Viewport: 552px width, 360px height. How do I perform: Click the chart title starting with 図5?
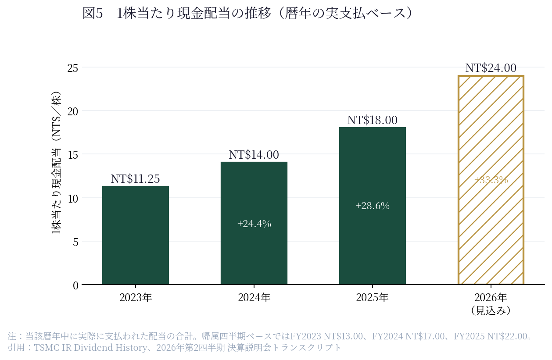[x=247, y=13]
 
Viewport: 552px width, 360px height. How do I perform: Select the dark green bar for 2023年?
[x=136, y=235]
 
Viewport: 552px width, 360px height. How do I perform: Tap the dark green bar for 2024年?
[x=254, y=223]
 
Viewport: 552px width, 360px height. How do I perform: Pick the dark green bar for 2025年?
[x=373, y=206]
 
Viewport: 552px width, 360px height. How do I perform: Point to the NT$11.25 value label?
[x=135, y=179]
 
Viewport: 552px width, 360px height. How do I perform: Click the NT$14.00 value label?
[x=254, y=155]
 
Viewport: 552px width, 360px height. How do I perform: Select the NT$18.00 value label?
[x=373, y=120]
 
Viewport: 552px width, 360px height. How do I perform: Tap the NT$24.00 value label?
[x=491, y=68]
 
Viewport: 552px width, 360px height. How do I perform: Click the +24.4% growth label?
[x=254, y=224]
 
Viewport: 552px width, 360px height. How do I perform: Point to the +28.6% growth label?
[x=373, y=206]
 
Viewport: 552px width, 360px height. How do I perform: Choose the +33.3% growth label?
[x=491, y=180]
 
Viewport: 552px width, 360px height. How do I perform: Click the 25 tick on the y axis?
[x=73, y=68]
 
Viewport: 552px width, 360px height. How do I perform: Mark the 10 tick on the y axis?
[x=73, y=199]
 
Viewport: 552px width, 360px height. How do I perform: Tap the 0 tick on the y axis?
[x=75, y=285]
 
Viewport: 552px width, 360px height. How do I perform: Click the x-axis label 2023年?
[x=136, y=297]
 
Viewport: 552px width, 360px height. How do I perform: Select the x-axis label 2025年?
[x=372, y=297]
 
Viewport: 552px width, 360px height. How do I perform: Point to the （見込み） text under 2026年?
[x=491, y=310]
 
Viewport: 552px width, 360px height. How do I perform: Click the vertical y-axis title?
[x=56, y=163]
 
